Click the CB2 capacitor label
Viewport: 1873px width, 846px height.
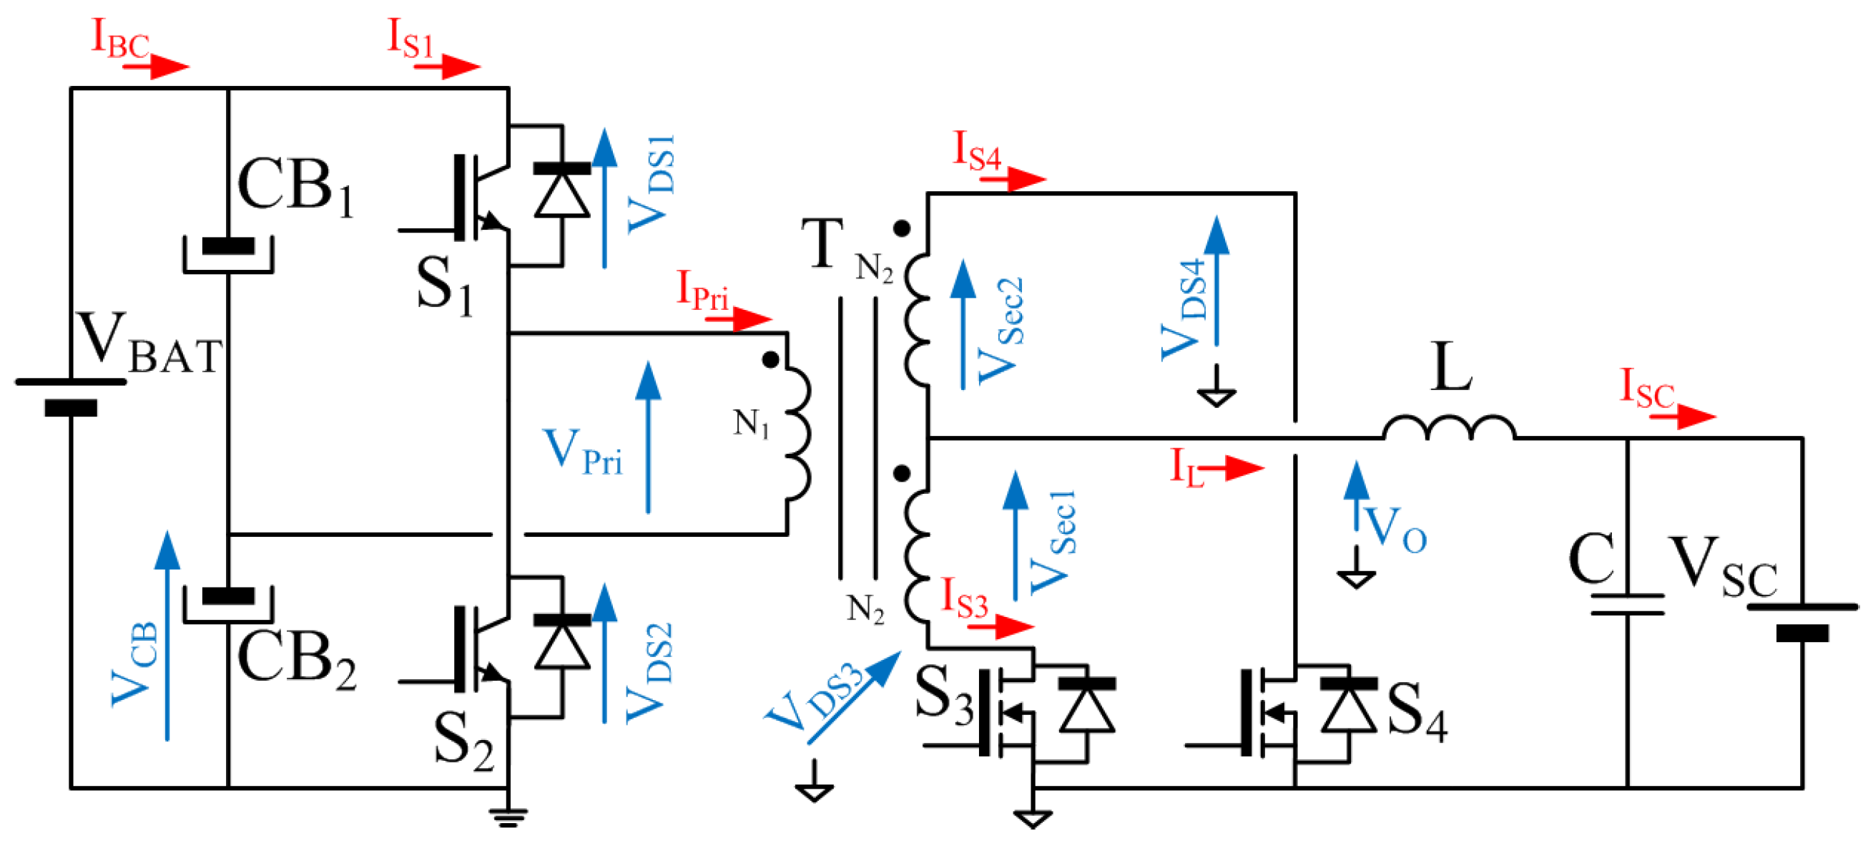click(297, 659)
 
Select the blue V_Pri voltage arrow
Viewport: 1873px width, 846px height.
click(648, 437)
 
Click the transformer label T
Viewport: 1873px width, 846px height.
click(822, 243)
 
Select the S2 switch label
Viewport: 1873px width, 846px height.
click(463, 742)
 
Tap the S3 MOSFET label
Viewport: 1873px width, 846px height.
click(943, 696)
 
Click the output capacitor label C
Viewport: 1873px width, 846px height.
click(1592, 559)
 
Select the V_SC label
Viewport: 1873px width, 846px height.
click(1724, 567)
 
